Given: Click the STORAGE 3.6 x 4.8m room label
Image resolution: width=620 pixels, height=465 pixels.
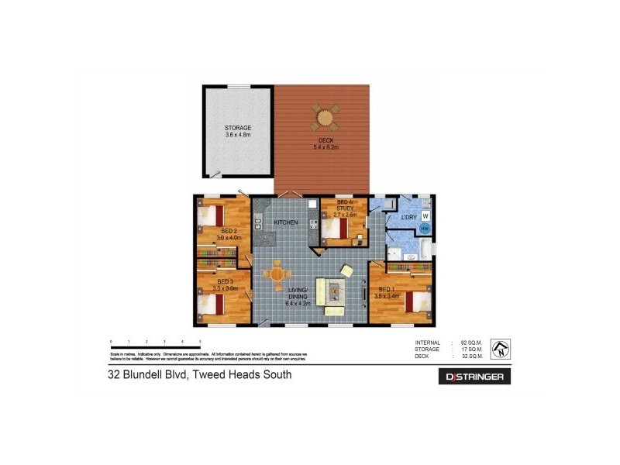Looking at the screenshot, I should [238, 131].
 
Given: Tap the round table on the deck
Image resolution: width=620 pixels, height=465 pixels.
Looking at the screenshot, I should [325, 119].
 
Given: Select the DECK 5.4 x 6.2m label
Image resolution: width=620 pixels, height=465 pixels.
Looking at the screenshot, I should [325, 143].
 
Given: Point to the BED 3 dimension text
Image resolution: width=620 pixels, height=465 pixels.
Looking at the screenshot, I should [225, 288].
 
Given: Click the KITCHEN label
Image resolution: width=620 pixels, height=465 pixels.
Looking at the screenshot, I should [286, 223].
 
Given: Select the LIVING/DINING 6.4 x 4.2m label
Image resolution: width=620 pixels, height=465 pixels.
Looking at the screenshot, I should [299, 297].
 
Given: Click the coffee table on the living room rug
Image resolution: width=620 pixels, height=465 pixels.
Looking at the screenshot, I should [333, 291].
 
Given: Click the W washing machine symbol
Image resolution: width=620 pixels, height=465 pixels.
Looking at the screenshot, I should [425, 215].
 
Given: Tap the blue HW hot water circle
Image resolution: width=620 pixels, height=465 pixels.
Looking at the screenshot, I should [424, 229].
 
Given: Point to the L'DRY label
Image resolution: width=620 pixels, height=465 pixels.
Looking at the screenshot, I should [408, 218].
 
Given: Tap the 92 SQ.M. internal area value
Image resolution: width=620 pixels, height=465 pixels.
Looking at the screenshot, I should [471, 343].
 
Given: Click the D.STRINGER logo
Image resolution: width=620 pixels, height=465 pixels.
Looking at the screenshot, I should [475, 377].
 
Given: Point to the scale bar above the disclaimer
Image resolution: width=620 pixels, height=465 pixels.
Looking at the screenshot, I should [155, 342].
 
